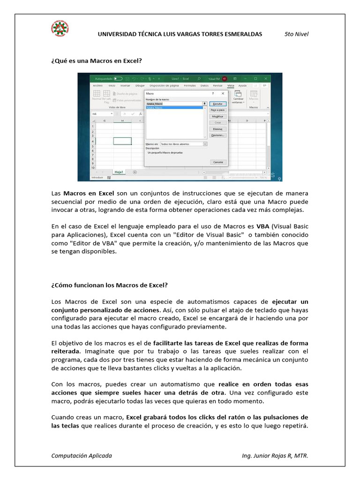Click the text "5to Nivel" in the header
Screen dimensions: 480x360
point(296,34)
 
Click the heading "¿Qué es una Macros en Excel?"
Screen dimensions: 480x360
point(96,61)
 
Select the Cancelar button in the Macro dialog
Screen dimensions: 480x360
point(218,162)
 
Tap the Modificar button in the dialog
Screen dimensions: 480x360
point(217,116)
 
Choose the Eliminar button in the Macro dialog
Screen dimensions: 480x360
point(217,128)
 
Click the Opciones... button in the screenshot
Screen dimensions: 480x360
point(217,135)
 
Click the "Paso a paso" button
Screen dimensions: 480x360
point(217,110)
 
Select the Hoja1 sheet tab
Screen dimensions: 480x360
point(119,172)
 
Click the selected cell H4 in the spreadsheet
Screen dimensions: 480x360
point(122,141)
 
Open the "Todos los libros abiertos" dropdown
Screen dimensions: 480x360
point(183,144)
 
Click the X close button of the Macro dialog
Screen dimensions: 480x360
point(223,94)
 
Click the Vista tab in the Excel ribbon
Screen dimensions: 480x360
point(230,86)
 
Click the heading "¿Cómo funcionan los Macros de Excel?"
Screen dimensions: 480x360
point(109,285)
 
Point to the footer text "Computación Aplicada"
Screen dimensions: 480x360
point(82,456)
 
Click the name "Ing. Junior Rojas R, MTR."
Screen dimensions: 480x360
point(275,456)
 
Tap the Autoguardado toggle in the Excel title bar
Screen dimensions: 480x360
point(118,78)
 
